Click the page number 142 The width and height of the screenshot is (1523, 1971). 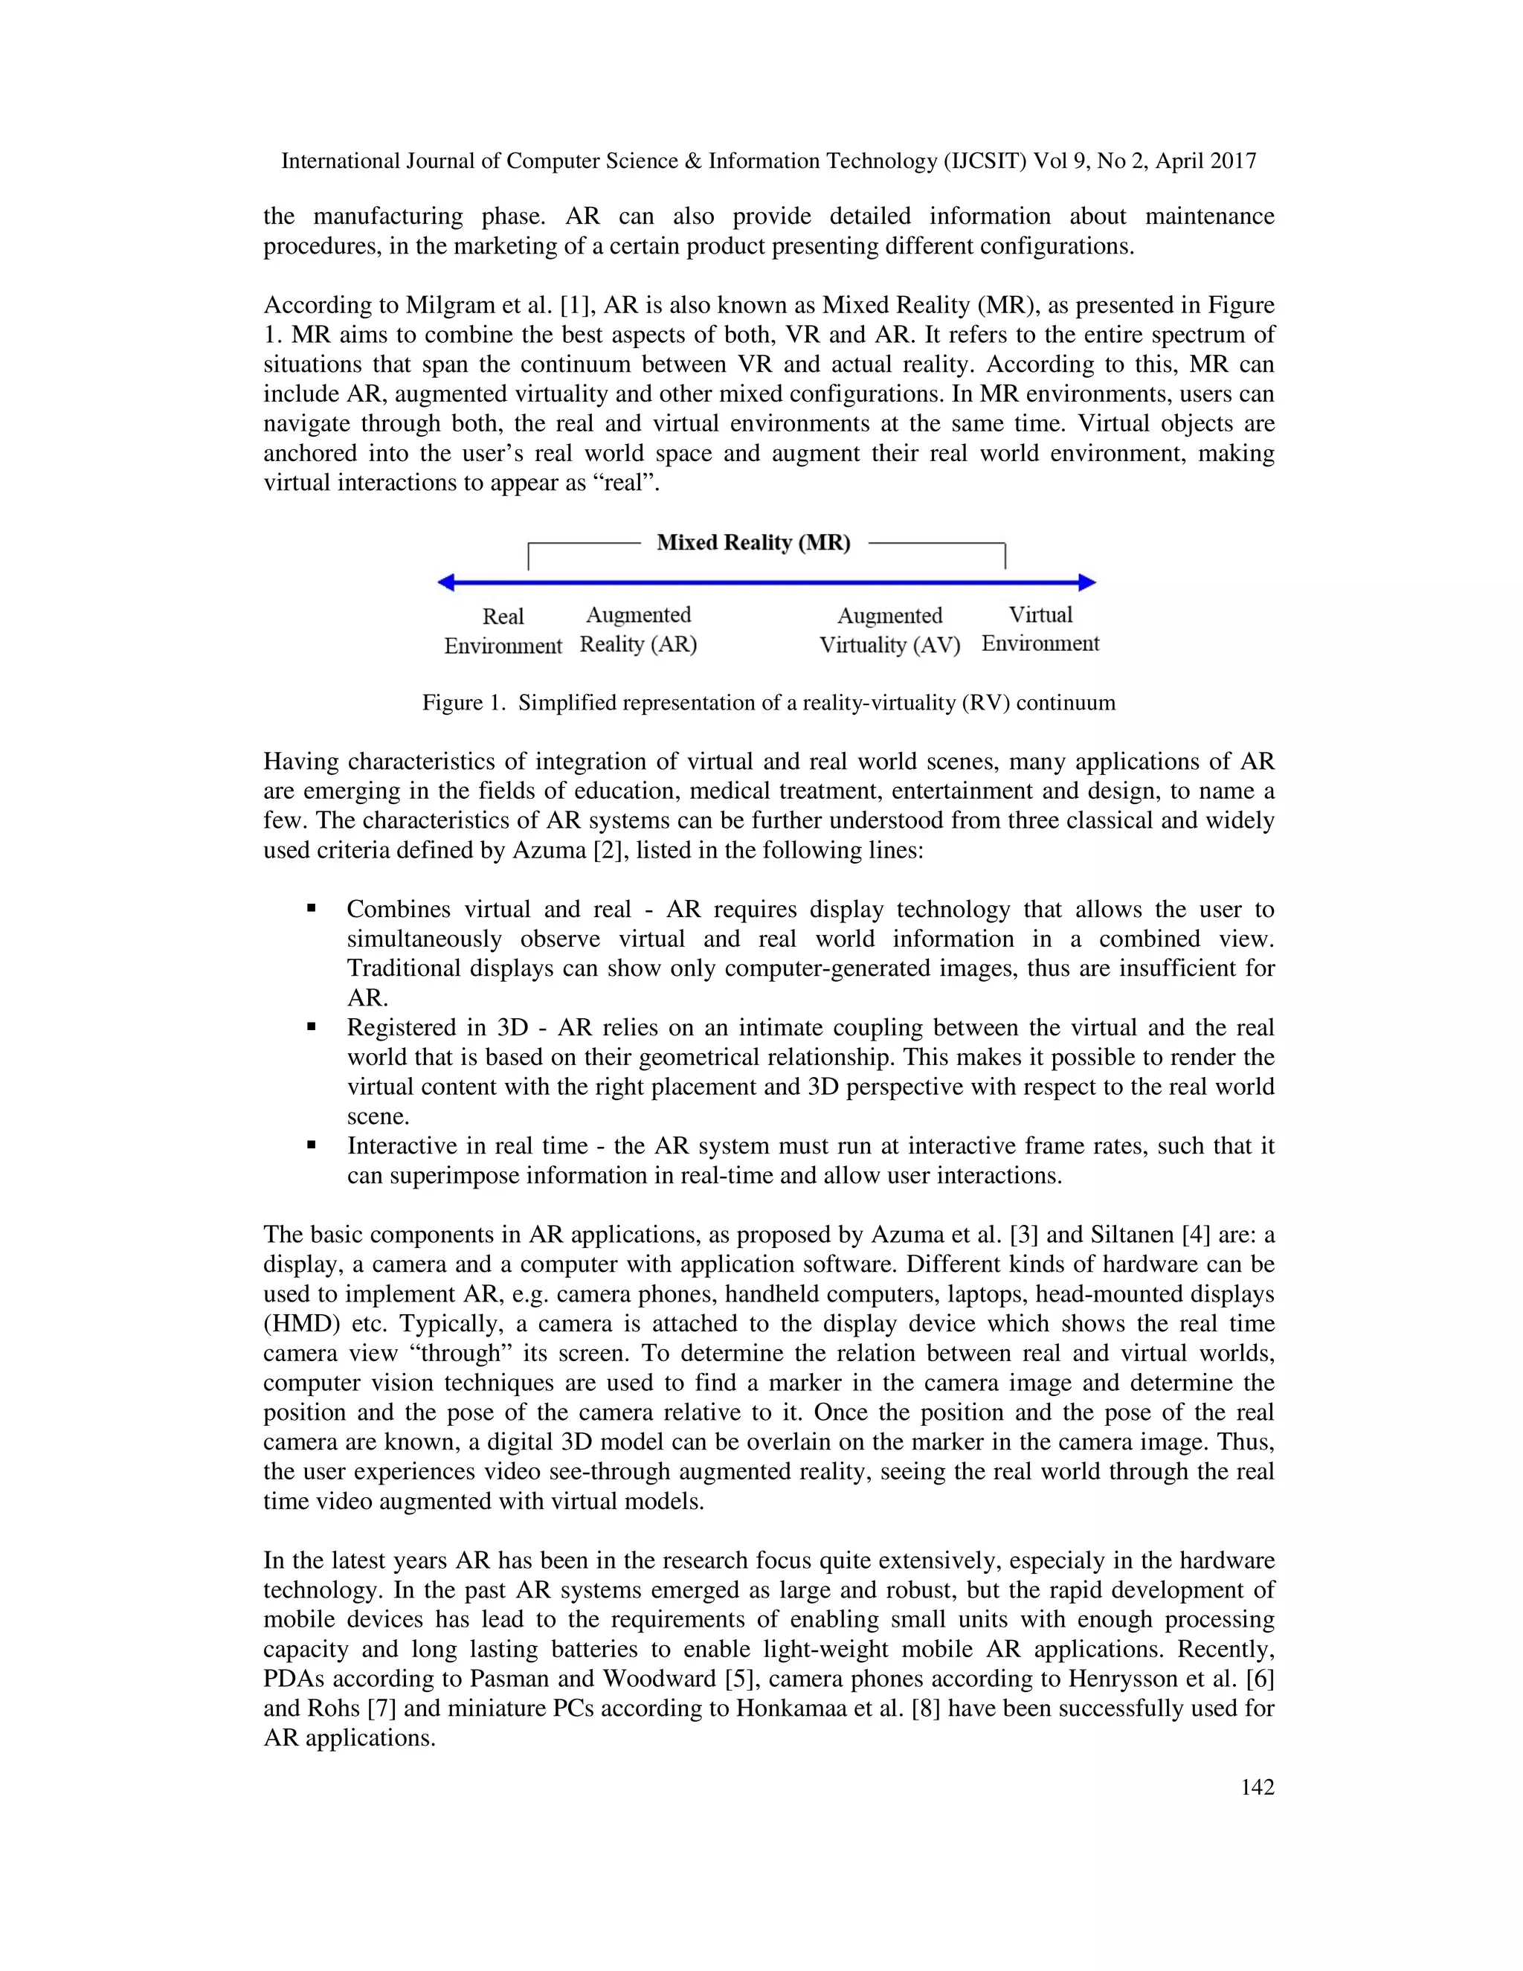pyautogui.click(x=1257, y=1787)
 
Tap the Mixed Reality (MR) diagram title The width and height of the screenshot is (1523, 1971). pyautogui.click(x=753, y=542)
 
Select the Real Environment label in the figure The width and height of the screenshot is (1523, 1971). pyautogui.click(x=503, y=631)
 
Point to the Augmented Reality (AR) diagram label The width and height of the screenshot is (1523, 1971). pyautogui.click(x=638, y=630)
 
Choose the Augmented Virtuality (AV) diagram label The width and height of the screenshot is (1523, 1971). pyautogui.click(x=889, y=630)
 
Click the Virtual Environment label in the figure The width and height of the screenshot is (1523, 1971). pyautogui.click(x=1040, y=629)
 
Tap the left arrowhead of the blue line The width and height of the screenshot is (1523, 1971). pyautogui.click(x=445, y=583)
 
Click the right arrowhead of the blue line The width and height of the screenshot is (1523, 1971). pyautogui.click(x=1088, y=583)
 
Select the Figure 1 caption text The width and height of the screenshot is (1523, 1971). pyautogui.click(x=769, y=703)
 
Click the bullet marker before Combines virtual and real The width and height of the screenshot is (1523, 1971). pyautogui.click(x=312, y=909)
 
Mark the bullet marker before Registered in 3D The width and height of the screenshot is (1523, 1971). pyautogui.click(x=312, y=1027)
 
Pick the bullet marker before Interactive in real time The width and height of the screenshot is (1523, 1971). pyautogui.click(x=312, y=1145)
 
